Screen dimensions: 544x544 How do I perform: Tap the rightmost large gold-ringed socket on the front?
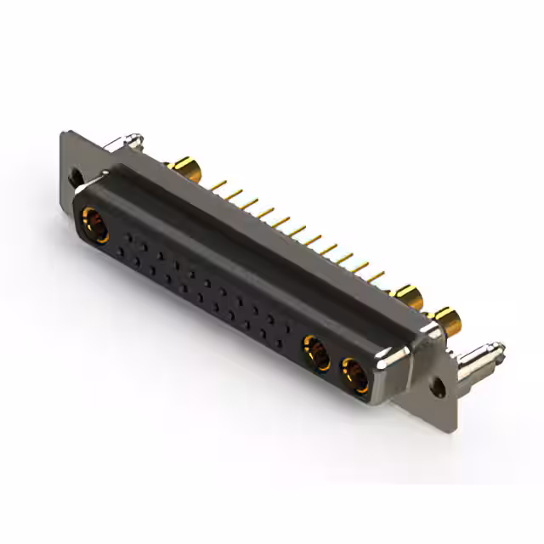(x=354, y=375)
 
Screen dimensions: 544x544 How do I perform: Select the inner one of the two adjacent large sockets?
(x=317, y=353)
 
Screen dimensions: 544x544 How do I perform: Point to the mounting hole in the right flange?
(x=438, y=387)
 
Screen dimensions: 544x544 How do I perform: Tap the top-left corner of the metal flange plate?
(x=65, y=133)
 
